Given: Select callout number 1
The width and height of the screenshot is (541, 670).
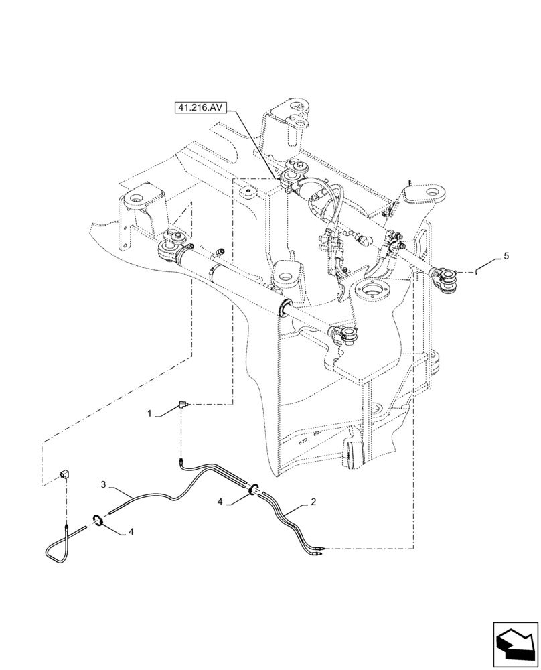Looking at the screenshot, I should tap(151, 415).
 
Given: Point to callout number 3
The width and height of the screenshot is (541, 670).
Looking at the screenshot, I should tap(104, 483).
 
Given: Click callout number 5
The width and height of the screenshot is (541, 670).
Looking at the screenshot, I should tap(506, 255).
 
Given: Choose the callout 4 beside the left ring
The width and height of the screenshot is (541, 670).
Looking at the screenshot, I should tap(131, 532).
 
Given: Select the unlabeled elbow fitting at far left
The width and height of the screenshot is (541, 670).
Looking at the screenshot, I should tap(65, 475).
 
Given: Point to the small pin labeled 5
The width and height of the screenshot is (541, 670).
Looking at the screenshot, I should tap(477, 271).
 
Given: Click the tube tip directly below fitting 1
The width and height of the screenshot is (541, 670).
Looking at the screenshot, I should tap(181, 460).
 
